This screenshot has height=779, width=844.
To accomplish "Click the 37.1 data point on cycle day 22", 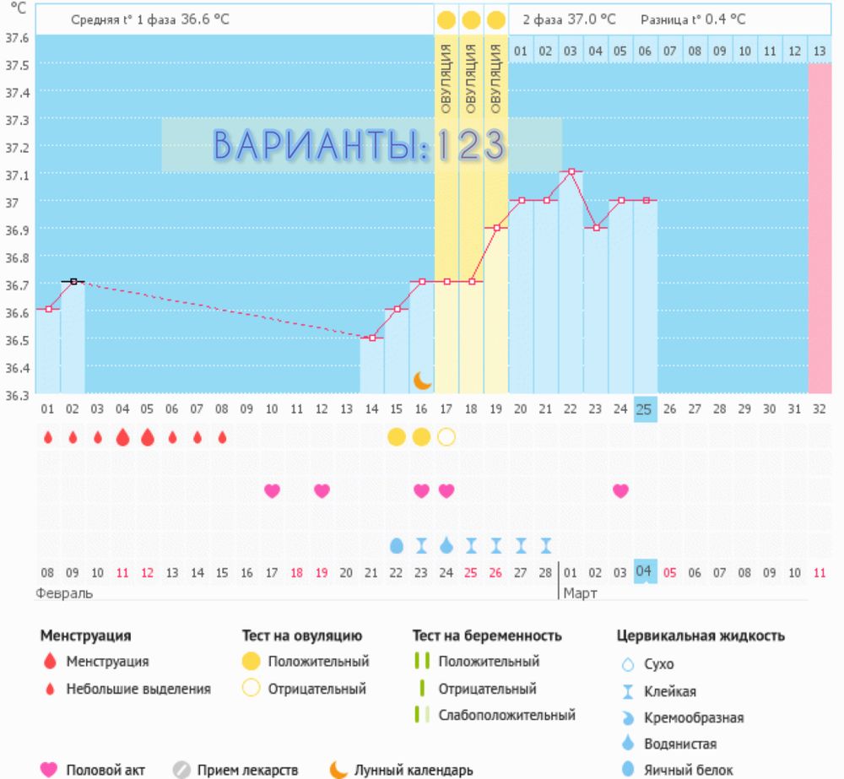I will [x=571, y=171].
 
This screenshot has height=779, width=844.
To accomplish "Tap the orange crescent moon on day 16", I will [x=422, y=381].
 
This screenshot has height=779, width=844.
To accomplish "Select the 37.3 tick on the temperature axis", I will [x=18, y=120].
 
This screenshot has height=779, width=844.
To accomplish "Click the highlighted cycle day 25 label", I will [x=645, y=409].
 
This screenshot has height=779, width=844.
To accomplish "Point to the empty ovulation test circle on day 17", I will [x=446, y=436].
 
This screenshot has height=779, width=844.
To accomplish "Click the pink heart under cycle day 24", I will [x=620, y=491].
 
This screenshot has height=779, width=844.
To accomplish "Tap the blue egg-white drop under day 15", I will [x=397, y=545].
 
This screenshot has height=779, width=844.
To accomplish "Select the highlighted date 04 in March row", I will [x=645, y=571].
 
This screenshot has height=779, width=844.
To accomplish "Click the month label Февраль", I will [x=64, y=593].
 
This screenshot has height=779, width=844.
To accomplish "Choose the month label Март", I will [x=581, y=593].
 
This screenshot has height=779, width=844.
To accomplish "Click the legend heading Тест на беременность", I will [x=487, y=636].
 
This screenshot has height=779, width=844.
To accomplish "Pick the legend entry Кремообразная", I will [x=693, y=718].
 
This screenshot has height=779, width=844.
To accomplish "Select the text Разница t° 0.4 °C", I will [x=693, y=19].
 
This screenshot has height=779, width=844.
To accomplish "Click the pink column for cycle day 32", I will [x=820, y=228].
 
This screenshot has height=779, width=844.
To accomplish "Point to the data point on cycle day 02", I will [x=73, y=281].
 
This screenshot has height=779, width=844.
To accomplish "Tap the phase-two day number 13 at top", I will [x=820, y=51].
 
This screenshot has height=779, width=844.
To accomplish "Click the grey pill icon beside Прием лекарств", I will [x=181, y=770].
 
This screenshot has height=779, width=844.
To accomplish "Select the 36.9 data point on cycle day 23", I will [x=596, y=228].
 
